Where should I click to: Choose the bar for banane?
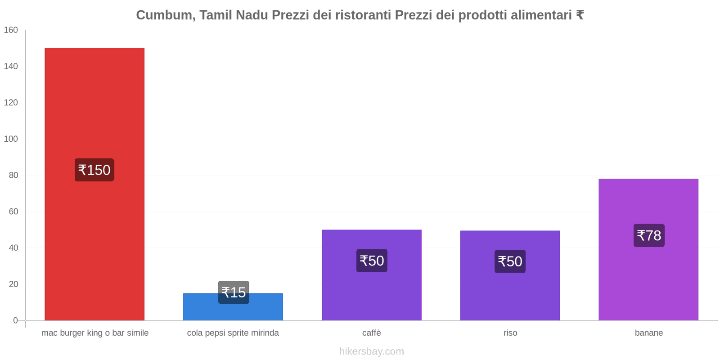(x=648, y=279)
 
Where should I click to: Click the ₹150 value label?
(x=94, y=170)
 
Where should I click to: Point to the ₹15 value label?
(x=234, y=292)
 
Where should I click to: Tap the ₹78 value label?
(x=649, y=235)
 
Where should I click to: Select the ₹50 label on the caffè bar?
(x=372, y=261)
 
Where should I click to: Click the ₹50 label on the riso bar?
(x=510, y=261)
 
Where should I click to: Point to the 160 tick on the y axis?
(x=11, y=30)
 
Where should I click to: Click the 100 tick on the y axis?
(x=11, y=139)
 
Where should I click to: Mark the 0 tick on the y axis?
(x=15, y=320)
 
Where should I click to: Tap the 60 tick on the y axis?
(x=13, y=211)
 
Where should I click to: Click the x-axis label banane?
(x=648, y=333)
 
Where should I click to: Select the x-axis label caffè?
(x=372, y=333)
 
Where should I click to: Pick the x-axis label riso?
(x=510, y=333)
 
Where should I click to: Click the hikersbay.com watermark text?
(x=372, y=351)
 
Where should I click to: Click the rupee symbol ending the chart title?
(x=580, y=15)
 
